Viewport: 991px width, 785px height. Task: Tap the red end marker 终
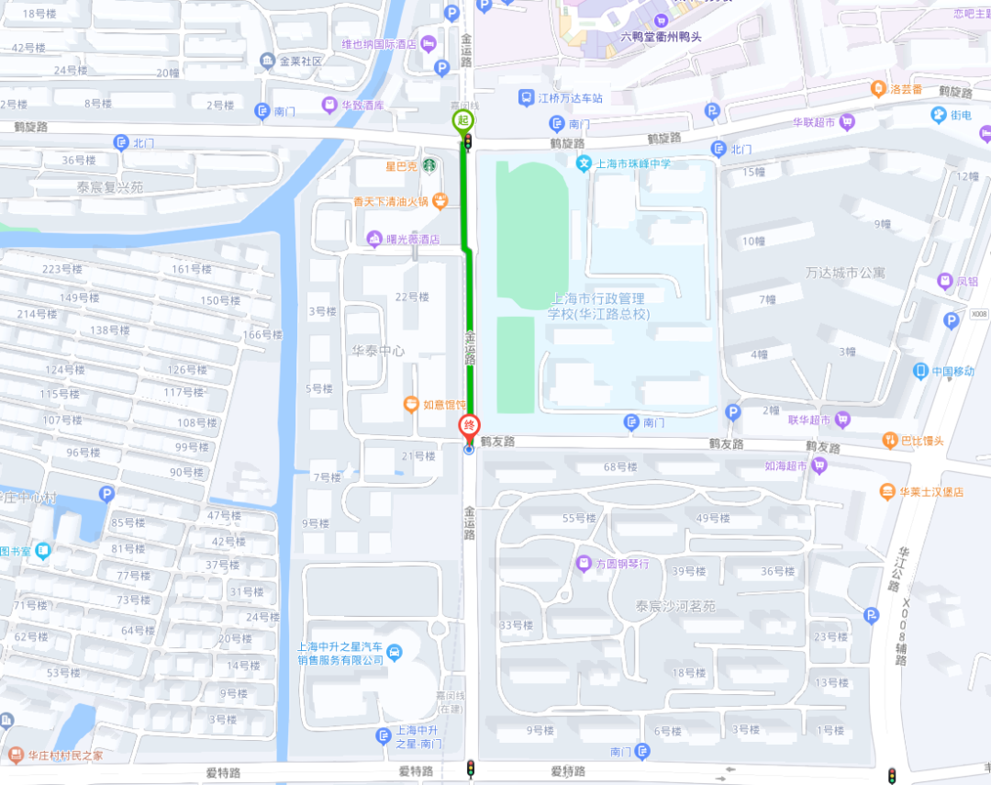point(469,426)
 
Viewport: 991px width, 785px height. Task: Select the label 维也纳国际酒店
point(379,44)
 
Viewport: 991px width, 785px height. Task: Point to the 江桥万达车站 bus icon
point(527,97)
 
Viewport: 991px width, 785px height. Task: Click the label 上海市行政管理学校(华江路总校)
point(598,307)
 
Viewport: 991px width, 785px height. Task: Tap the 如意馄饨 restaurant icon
point(412,404)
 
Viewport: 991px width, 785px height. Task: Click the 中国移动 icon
point(920,371)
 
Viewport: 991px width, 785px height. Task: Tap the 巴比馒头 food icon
point(889,441)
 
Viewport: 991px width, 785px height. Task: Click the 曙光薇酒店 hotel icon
point(373,240)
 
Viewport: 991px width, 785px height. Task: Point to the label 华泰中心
point(378,350)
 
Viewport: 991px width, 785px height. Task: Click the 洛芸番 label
point(906,89)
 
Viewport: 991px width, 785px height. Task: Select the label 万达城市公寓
point(845,273)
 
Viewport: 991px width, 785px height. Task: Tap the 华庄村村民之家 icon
point(15,756)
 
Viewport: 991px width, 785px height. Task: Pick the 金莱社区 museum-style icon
point(267,61)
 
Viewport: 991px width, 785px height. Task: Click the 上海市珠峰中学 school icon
point(583,163)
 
